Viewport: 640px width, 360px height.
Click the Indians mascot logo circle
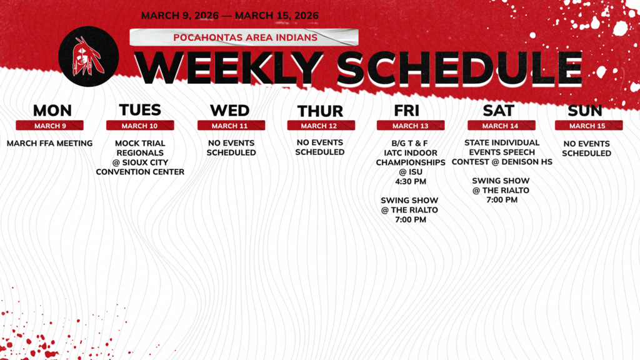(88, 56)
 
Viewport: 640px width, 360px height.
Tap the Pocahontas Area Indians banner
(244, 37)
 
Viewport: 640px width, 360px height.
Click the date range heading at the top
(229, 16)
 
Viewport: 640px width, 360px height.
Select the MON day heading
(52, 111)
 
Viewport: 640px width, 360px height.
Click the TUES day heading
(140, 110)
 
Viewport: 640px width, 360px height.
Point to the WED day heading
(229, 111)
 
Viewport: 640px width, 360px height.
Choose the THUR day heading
(320, 111)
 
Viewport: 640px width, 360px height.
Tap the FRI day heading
(406, 111)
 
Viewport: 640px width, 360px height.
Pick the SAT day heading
(498, 111)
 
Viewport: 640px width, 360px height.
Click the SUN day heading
(585, 111)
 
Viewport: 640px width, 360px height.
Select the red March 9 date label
(50, 126)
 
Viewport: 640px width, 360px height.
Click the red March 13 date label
(410, 126)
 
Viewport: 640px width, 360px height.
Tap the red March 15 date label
(588, 126)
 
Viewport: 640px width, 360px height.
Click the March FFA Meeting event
(49, 143)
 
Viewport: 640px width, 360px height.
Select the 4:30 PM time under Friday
(410, 182)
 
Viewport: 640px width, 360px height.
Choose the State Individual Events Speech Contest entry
(502, 152)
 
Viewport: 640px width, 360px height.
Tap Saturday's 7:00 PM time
(502, 200)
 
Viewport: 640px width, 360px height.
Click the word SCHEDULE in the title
(462, 67)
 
